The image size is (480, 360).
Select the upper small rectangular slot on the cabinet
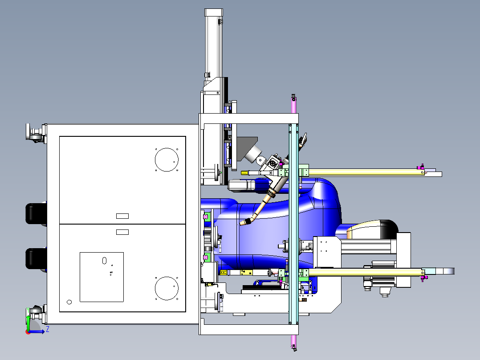[x=122, y=216]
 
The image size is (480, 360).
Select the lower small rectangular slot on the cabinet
[x=122, y=232]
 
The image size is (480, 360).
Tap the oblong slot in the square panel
[x=104, y=261]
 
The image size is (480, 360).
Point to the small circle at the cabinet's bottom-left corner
[x=69, y=302]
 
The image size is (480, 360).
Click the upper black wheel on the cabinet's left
[x=36, y=214]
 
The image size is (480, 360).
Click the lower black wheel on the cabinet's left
[x=36, y=258]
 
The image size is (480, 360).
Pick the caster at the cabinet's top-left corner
[x=36, y=133]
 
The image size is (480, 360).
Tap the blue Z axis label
[x=48, y=329]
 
